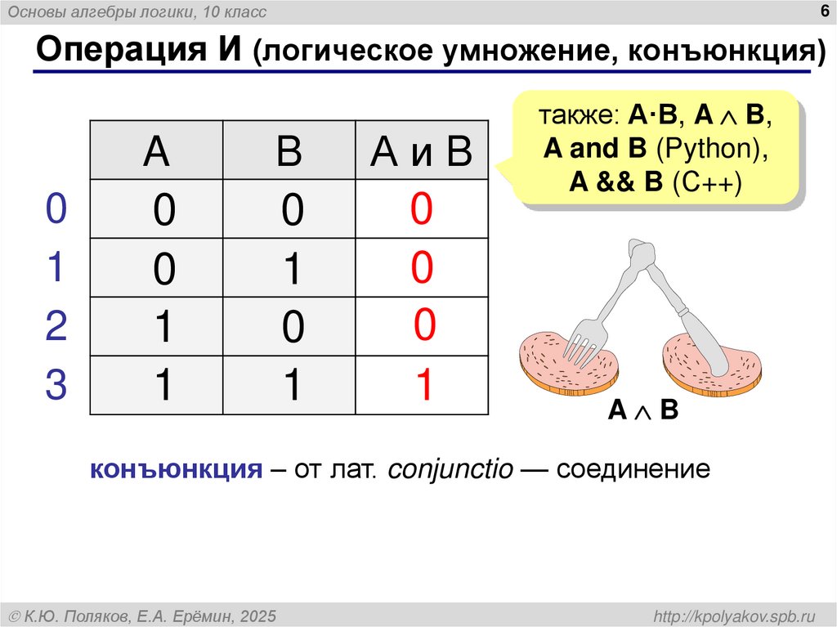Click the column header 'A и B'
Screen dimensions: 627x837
click(x=421, y=152)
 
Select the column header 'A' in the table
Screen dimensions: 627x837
click(x=156, y=152)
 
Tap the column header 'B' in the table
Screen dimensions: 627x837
click(x=289, y=152)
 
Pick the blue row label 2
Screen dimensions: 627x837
click(x=56, y=326)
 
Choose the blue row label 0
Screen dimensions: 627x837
click(x=56, y=210)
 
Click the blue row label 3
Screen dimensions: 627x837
click(x=56, y=386)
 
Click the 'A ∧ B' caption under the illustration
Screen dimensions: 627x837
click(x=642, y=410)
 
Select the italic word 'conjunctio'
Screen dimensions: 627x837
click(x=450, y=471)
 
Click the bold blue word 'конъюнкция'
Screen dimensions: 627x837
click(x=175, y=471)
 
